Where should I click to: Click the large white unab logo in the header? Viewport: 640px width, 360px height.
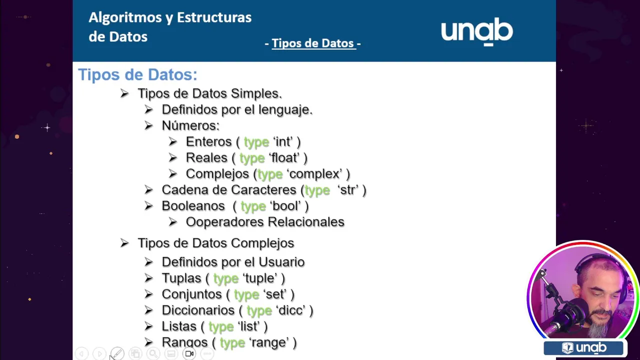pos(477,31)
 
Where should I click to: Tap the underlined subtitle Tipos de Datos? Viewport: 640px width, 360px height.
pos(313,43)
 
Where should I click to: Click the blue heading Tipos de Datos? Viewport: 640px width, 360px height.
pos(137,74)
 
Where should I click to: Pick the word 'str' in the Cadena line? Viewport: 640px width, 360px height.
pos(347,190)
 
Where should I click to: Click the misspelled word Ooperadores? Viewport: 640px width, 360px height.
pos(224,222)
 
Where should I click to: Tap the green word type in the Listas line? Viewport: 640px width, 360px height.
pos(221,327)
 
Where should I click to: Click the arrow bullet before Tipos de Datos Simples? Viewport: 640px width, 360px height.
pos(124,93)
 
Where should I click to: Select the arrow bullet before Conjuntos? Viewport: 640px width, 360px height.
pos(148,294)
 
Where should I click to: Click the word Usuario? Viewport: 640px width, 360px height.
pos(281,262)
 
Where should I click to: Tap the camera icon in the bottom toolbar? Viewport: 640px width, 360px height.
pos(189,353)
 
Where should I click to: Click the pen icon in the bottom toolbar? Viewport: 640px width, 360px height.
pos(117,353)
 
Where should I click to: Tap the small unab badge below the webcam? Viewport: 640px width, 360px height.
pos(583,348)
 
